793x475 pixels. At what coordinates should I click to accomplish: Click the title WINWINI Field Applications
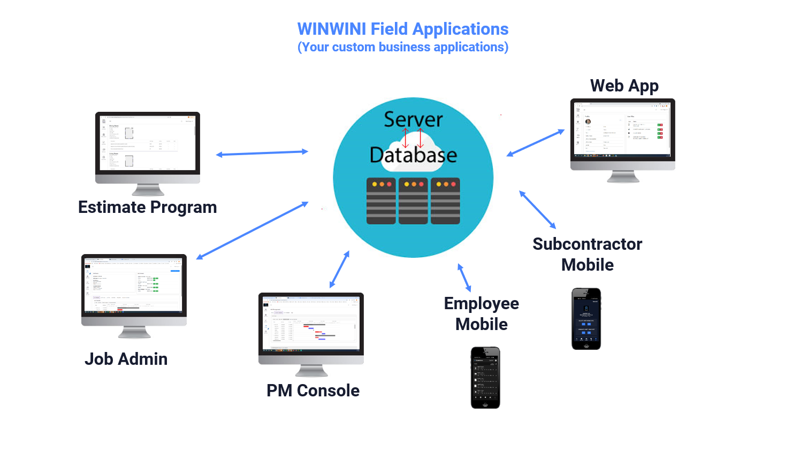pos(402,29)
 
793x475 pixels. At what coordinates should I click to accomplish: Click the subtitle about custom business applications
pos(402,48)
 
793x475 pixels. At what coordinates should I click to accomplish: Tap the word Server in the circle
pos(413,119)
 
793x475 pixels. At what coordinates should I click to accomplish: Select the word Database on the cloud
pos(413,155)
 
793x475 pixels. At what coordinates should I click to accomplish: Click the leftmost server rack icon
pos(381,201)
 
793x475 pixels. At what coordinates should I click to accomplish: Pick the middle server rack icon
pos(413,201)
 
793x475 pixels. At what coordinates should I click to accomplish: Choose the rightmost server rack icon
pos(445,201)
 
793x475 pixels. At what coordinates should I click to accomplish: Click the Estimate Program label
pos(147,207)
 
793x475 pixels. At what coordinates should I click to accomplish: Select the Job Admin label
pos(126,359)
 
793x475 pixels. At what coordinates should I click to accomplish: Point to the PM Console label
pos(313,390)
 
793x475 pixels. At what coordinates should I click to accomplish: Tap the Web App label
pos(624,86)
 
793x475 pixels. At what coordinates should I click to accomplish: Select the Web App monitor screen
pos(622,129)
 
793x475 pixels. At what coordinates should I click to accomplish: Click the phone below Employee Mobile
pos(485,378)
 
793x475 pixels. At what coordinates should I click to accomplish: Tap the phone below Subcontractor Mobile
pos(586,319)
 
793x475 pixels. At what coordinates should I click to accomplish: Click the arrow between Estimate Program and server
pos(262,153)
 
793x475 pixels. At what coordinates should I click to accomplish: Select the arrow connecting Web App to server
pos(536,143)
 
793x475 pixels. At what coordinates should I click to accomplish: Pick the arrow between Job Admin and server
pos(252,231)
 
